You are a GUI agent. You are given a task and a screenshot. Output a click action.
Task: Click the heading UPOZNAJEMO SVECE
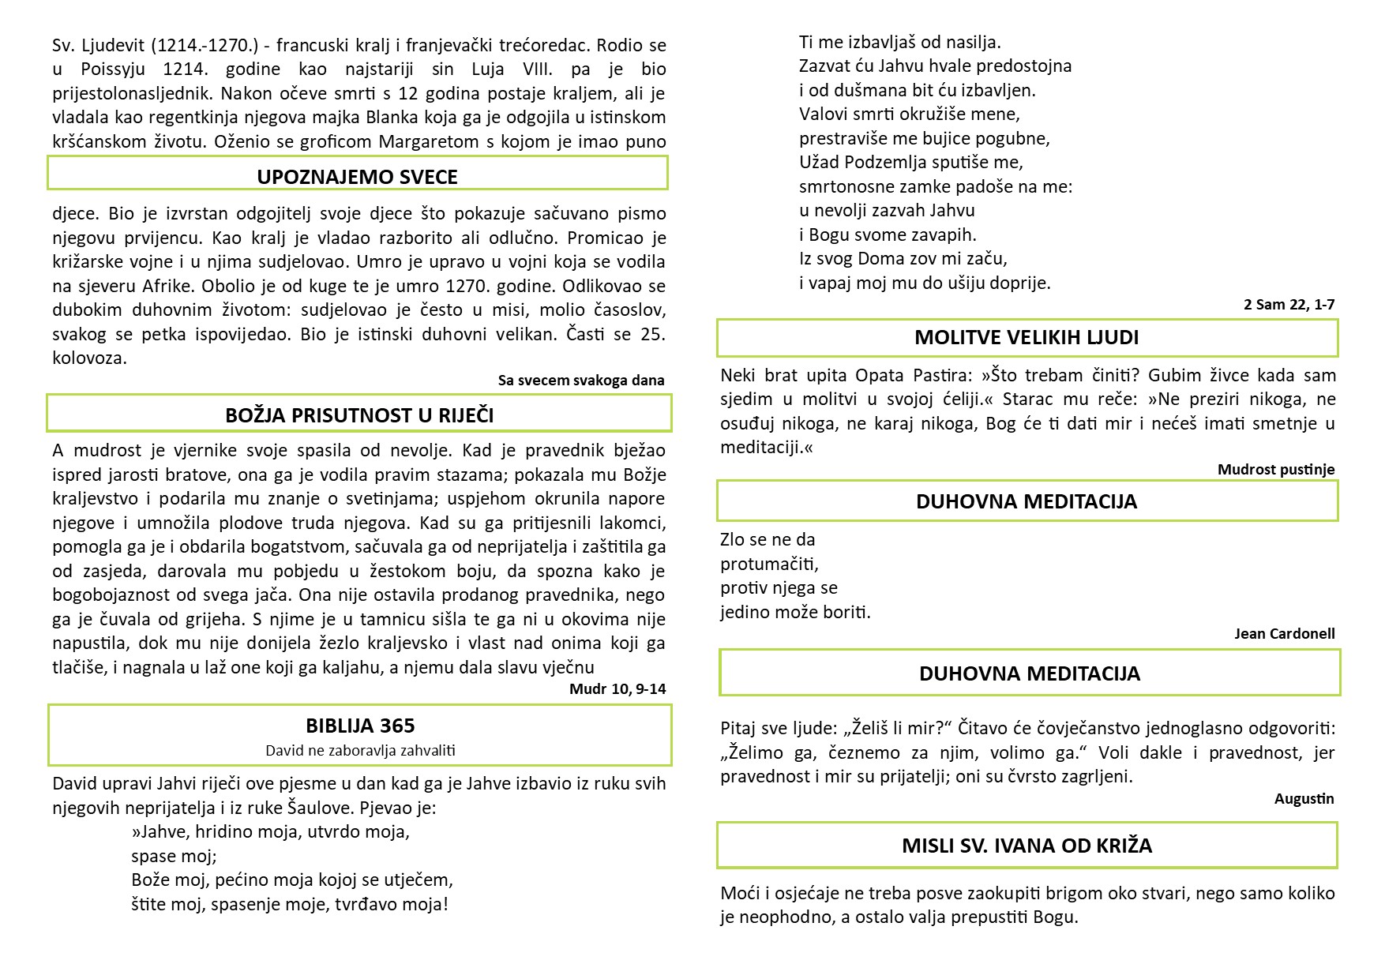[357, 177]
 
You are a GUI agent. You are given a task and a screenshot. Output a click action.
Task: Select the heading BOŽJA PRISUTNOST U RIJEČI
[359, 415]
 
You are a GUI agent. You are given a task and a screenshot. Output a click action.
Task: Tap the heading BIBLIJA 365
[360, 726]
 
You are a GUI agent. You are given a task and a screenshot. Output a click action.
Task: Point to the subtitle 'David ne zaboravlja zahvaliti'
[360, 750]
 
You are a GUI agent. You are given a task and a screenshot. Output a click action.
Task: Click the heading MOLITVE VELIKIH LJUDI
[1027, 338]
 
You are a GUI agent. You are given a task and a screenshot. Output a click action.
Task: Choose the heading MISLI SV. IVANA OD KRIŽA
[1027, 846]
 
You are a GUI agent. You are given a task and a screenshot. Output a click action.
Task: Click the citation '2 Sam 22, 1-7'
[1289, 305]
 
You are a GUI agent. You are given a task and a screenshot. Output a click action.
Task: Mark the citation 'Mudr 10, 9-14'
[617, 689]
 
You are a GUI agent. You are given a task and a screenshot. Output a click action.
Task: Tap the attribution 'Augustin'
[1304, 799]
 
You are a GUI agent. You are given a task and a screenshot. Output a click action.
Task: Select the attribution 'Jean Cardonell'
[1284, 634]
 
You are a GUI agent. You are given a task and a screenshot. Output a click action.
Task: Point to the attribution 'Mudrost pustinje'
[1275, 470]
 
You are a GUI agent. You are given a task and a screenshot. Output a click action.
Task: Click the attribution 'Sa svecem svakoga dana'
[580, 381]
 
